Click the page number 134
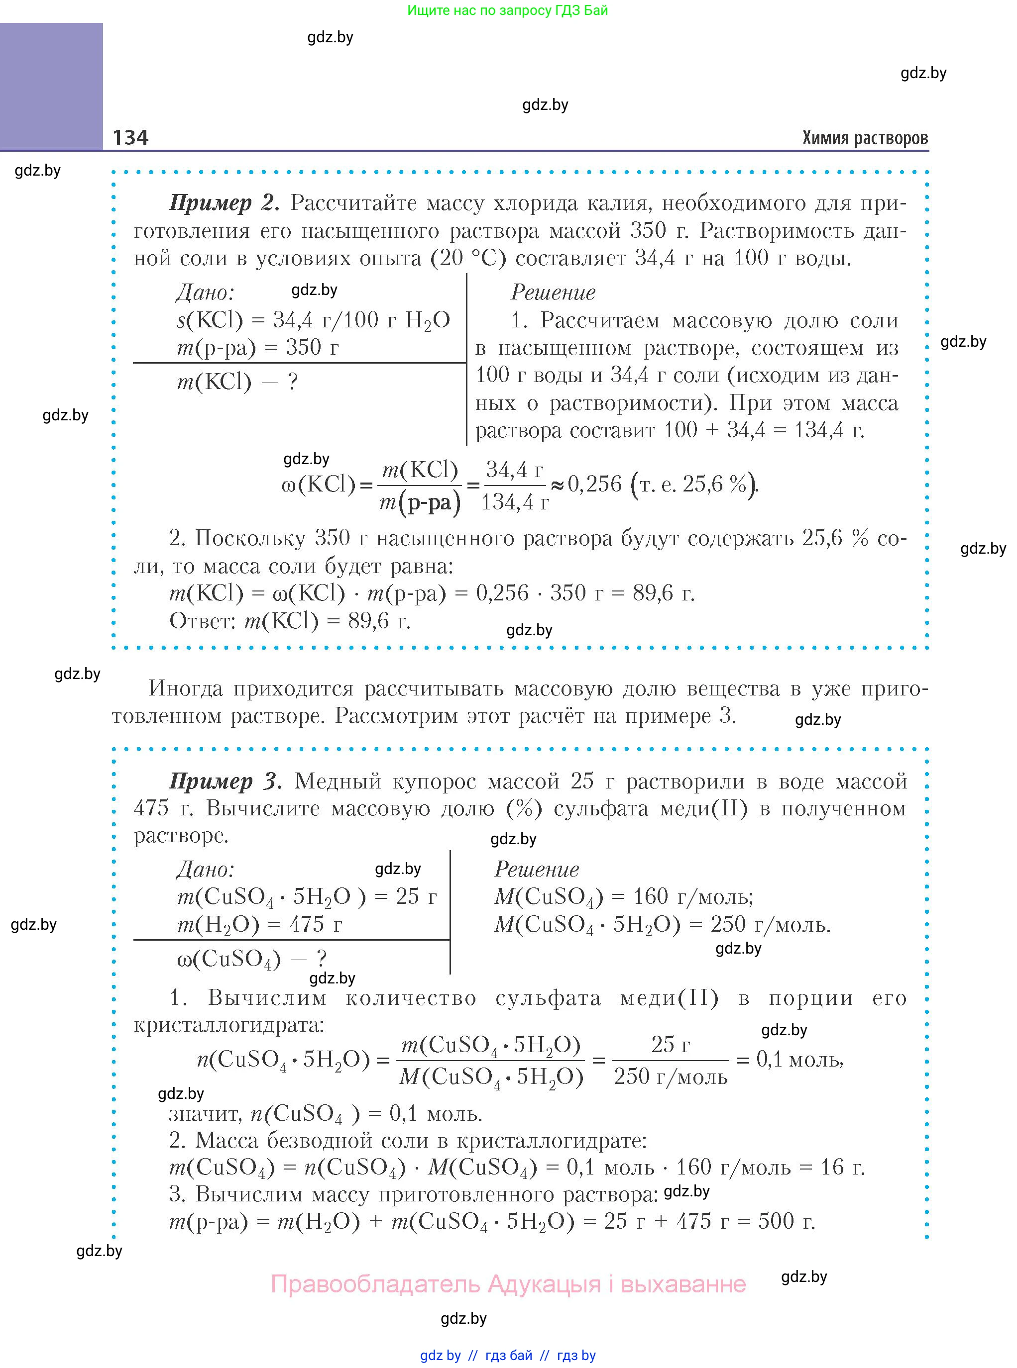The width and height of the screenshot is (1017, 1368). pos(130,137)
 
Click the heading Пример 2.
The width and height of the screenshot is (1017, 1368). pos(224,202)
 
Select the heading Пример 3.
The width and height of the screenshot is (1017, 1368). pos(226,781)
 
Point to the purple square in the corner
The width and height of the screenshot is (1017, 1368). pos(51,86)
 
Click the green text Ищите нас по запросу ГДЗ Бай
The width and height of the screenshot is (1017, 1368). pos(507,10)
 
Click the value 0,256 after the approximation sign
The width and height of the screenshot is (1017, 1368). pos(595,484)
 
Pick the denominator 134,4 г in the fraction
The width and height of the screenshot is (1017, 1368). pos(515,502)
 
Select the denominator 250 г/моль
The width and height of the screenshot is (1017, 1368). pos(671,1076)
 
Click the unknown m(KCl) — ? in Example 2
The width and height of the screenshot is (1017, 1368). pos(237,382)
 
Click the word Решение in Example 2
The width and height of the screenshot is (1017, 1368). pos(553,292)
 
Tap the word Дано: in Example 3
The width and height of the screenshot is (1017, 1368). pos(205,869)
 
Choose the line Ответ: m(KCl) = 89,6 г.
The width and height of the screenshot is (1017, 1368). pos(290,621)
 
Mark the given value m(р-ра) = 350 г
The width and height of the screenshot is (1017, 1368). pos(257,348)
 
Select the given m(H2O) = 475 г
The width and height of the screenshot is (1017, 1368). pos(259,924)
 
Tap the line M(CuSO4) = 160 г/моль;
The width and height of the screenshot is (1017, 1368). pos(624,896)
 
